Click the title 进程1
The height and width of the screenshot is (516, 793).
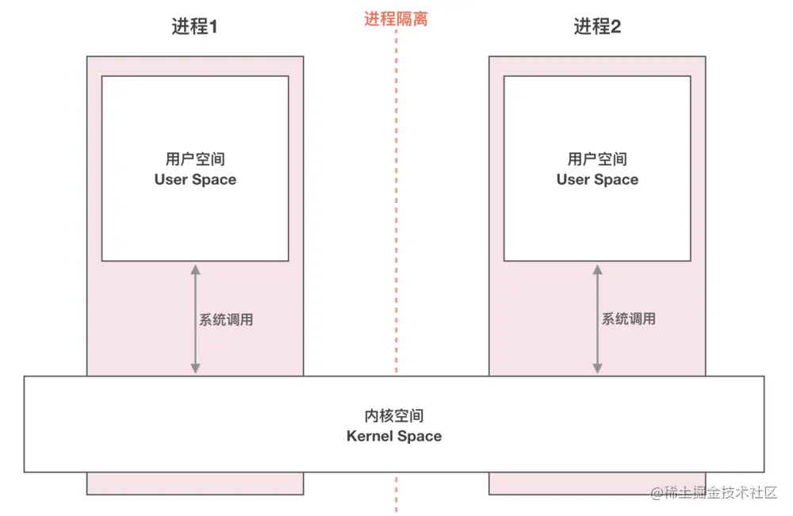(x=194, y=27)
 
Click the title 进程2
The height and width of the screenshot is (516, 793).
(x=597, y=27)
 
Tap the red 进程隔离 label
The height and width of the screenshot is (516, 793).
(x=396, y=19)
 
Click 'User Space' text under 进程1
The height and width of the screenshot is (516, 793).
(x=195, y=180)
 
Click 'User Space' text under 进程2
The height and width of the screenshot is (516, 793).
(x=597, y=180)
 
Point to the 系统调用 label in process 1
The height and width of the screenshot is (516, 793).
(x=226, y=320)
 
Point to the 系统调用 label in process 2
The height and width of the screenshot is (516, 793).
(x=628, y=319)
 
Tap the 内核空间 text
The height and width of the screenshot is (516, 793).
(x=394, y=416)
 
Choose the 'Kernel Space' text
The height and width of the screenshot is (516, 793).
(x=394, y=436)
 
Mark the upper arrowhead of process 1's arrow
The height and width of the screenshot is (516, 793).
(x=195, y=269)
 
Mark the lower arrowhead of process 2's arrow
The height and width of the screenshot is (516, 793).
(x=597, y=369)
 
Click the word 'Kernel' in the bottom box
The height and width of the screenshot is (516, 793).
(x=370, y=436)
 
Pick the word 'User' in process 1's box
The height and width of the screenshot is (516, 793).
(x=170, y=180)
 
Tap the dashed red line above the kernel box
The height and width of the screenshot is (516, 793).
(x=396, y=198)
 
